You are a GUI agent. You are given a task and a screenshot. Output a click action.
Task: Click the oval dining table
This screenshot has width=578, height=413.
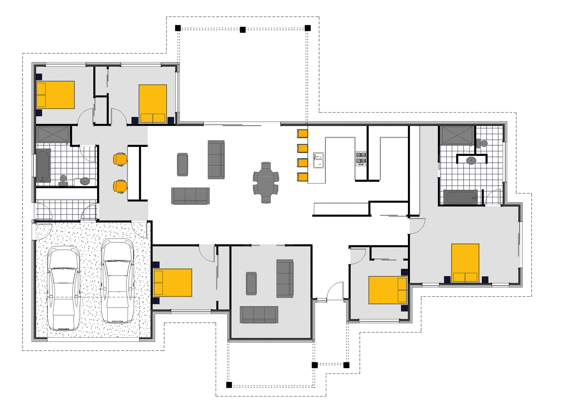(x=266, y=183)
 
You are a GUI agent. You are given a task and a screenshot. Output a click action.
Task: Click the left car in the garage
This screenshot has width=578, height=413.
(x=63, y=288)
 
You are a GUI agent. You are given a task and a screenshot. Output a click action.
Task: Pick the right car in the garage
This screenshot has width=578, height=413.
(x=118, y=281)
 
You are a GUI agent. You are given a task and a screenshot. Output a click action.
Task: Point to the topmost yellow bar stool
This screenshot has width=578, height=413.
(x=303, y=134)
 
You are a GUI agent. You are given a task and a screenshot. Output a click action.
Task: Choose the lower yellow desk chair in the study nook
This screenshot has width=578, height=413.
(x=120, y=186)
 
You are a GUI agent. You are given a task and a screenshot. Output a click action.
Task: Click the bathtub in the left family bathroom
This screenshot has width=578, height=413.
(x=43, y=166)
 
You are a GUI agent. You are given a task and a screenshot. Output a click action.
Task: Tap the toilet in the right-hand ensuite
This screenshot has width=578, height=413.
(x=482, y=143)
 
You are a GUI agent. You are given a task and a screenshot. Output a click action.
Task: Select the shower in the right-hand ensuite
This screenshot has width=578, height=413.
(x=457, y=136)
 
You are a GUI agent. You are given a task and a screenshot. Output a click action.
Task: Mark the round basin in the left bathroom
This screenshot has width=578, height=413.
(x=85, y=181)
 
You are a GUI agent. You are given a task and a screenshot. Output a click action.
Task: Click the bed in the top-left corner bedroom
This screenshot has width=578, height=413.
(x=55, y=95)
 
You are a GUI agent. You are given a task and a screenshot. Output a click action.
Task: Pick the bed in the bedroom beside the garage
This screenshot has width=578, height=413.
(x=173, y=282)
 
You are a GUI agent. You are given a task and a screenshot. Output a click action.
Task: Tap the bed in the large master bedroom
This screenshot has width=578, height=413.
(x=465, y=263)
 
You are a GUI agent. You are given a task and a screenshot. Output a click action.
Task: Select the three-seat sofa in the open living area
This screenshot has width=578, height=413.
(x=190, y=196)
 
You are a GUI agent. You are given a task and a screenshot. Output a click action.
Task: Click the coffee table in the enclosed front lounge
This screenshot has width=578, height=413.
(x=251, y=283)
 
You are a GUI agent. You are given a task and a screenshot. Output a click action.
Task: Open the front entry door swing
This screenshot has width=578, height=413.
(x=335, y=292)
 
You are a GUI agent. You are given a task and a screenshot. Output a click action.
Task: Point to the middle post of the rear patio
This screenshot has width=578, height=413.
(x=243, y=29)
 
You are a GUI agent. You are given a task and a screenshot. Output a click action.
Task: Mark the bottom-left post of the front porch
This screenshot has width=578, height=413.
(x=229, y=385)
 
